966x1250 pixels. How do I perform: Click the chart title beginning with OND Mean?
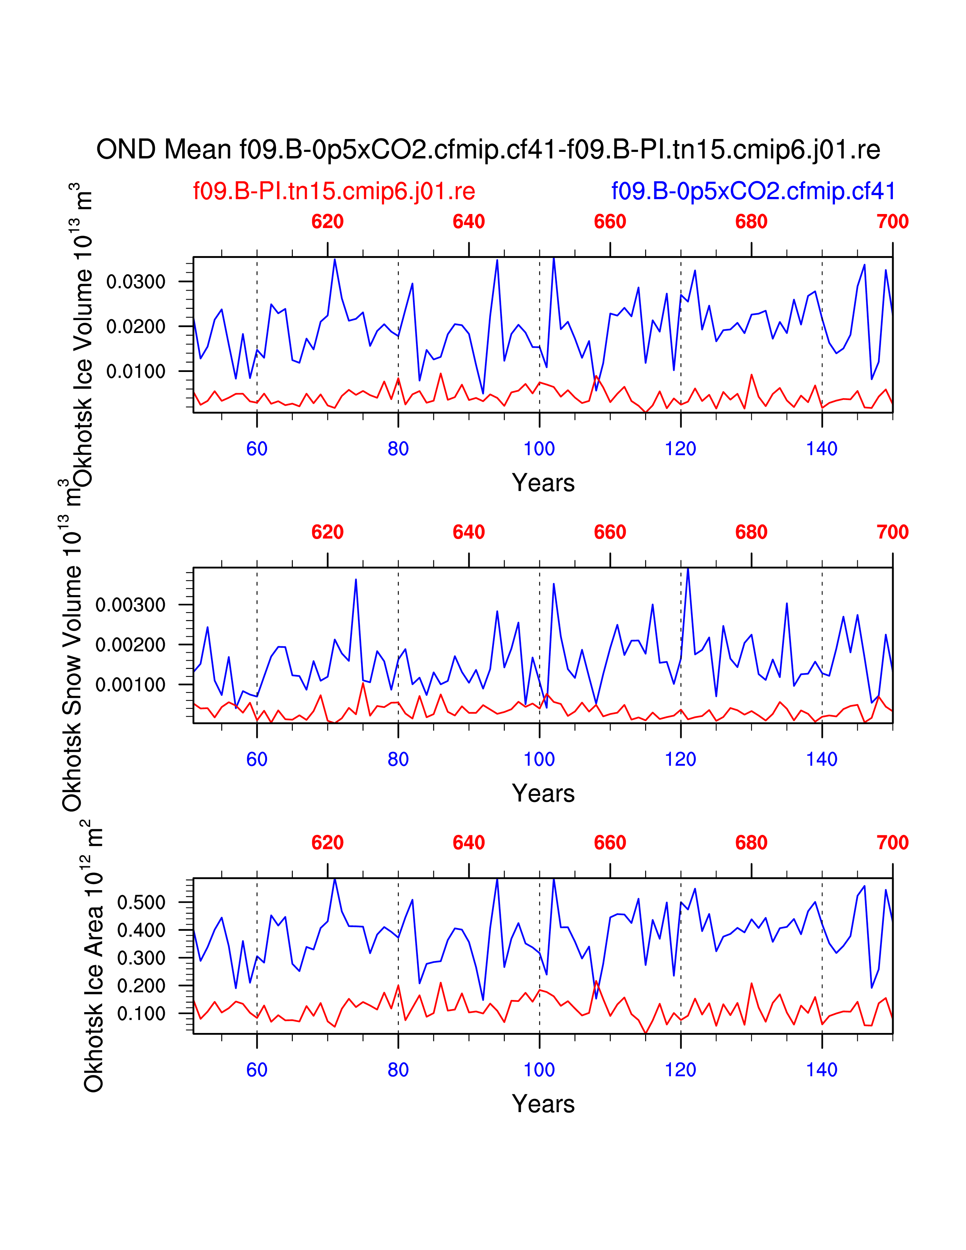tap(488, 150)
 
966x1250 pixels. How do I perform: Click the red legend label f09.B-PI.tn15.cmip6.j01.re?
tap(334, 191)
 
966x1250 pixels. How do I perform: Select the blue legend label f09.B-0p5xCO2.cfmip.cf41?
tap(753, 191)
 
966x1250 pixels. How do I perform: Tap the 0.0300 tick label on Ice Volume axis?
tap(136, 281)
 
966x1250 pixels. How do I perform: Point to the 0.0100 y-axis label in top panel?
tap(136, 372)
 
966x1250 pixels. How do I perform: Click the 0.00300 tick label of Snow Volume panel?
tap(130, 605)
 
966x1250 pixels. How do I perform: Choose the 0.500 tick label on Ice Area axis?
tap(141, 903)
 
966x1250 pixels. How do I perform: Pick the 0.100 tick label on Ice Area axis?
tap(141, 1014)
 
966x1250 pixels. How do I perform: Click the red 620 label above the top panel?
tap(327, 222)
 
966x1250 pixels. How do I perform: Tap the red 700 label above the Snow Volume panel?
tap(892, 532)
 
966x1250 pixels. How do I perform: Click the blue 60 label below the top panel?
tap(257, 449)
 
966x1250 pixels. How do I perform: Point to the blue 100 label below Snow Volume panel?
tap(539, 759)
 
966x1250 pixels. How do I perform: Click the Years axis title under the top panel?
tap(543, 483)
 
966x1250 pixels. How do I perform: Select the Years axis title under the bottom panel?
tap(543, 1104)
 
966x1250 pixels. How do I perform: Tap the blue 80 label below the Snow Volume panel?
tap(398, 759)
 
